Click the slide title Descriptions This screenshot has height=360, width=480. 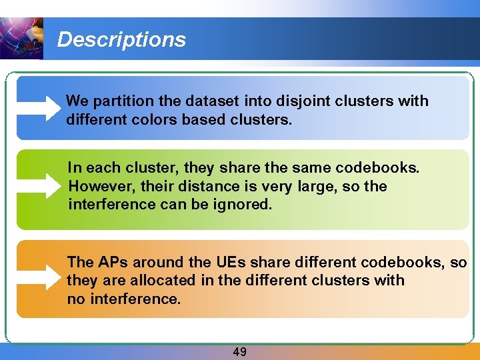tap(121, 39)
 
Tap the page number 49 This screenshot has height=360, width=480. tap(239, 351)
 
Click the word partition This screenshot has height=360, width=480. tap(117, 101)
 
